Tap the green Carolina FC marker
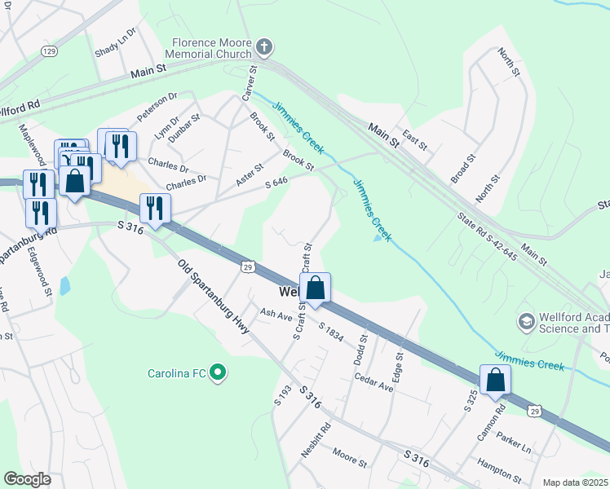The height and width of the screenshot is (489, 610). click(x=217, y=374)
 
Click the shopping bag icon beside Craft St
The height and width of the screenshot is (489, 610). click(x=315, y=289)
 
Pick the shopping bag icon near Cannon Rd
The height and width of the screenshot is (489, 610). click(x=495, y=381)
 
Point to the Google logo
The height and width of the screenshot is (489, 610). click(x=27, y=479)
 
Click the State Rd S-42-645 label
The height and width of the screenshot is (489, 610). click(x=487, y=237)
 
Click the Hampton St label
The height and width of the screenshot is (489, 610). click(x=501, y=472)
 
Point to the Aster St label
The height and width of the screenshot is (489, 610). click(x=249, y=173)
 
